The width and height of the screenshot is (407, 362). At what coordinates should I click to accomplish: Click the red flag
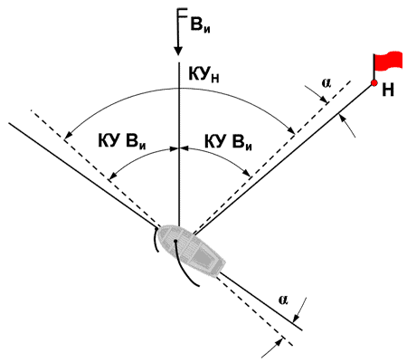(388, 61)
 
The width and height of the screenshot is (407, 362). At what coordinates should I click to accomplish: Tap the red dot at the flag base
(374, 82)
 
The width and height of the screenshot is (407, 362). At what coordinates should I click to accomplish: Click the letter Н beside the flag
(388, 90)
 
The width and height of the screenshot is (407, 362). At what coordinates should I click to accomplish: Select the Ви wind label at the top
(200, 25)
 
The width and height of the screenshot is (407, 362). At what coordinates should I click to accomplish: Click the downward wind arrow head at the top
(178, 50)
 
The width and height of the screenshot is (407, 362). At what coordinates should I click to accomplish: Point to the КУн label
(203, 74)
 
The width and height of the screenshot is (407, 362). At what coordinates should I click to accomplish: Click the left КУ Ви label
(122, 141)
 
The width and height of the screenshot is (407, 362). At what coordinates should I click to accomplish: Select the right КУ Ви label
(228, 141)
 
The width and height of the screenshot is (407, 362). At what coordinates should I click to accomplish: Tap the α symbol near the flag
(327, 82)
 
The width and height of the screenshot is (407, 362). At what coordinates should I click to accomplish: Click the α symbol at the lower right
(283, 300)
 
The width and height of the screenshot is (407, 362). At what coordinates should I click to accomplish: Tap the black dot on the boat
(175, 241)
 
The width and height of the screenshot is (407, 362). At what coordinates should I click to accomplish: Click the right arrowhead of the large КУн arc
(292, 130)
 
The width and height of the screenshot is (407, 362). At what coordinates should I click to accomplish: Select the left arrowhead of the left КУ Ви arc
(111, 177)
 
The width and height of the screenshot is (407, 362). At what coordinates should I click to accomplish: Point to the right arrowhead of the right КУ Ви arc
(247, 173)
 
